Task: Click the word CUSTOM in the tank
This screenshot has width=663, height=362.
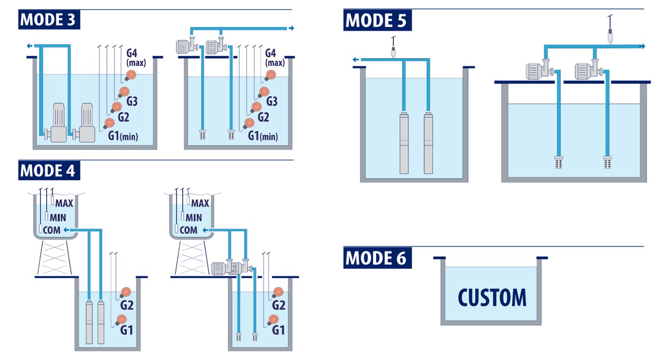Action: pyautogui.click(x=492, y=298)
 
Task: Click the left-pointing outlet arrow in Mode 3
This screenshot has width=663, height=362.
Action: pyautogui.click(x=30, y=46)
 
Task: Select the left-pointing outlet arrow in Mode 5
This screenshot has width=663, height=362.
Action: pyautogui.click(x=355, y=60)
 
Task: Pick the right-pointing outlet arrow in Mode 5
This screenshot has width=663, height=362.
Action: pyautogui.click(x=641, y=46)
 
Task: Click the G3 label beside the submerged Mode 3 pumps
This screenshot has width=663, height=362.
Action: pyautogui.click(x=132, y=101)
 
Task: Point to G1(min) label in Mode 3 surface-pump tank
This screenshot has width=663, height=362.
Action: pyautogui.click(x=263, y=136)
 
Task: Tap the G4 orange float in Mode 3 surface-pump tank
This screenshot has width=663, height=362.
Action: pyautogui.click(x=271, y=75)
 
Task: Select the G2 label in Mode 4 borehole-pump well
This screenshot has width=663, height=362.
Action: pyautogui.click(x=126, y=305)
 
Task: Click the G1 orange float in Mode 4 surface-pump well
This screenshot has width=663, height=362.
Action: pyautogui.click(x=274, y=319)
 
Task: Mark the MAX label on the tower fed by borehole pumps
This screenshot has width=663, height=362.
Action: pyautogui.click(x=64, y=203)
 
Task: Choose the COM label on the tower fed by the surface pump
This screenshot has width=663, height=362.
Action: pyautogui.click(x=188, y=230)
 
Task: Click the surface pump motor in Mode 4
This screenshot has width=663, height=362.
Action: pyautogui.click(x=222, y=268)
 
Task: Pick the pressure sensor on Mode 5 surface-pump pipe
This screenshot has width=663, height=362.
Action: pyautogui.click(x=609, y=36)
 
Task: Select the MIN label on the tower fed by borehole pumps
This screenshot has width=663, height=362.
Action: pyautogui.click(x=58, y=218)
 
